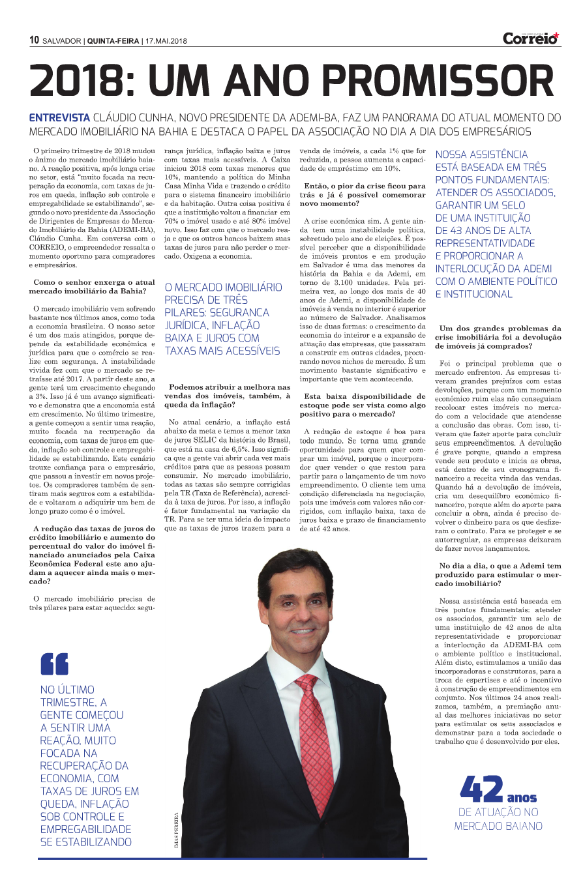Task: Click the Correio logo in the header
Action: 531,38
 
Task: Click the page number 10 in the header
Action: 35,40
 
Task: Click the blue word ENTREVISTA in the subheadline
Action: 59,118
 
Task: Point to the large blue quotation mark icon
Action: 54,664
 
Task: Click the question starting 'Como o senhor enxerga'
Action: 93,286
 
